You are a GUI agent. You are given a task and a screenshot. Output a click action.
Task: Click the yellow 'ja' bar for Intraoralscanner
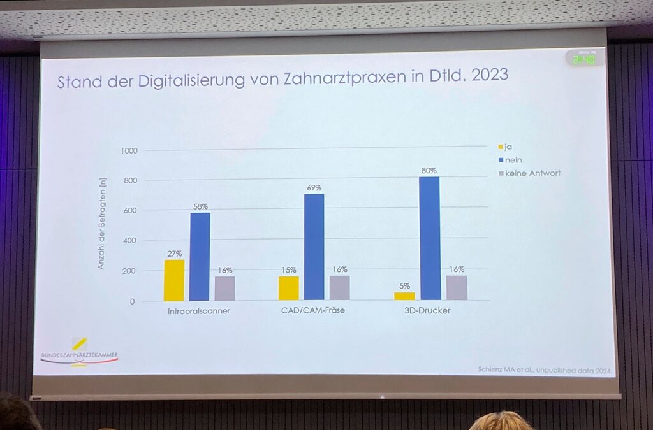pos(173,280)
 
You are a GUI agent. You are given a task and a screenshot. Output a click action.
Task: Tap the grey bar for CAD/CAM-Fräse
pos(339,287)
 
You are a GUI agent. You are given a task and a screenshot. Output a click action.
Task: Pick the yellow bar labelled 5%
pos(404,296)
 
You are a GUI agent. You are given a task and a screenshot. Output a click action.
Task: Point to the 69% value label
pos(314,188)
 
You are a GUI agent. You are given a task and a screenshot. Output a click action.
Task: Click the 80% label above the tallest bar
pos(429,171)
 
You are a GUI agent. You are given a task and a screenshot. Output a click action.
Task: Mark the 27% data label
pos(173,253)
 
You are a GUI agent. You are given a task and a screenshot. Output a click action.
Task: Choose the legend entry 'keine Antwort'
pos(532,173)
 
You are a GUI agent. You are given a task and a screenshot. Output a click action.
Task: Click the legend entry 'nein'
pos(513,160)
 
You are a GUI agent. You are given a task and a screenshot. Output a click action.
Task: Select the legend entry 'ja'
pos(508,147)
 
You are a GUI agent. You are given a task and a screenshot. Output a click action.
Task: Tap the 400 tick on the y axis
pos(130,241)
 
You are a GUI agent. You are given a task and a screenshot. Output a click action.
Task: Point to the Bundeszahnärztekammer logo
pos(79,352)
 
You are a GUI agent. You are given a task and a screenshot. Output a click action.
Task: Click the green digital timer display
pos(584,59)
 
